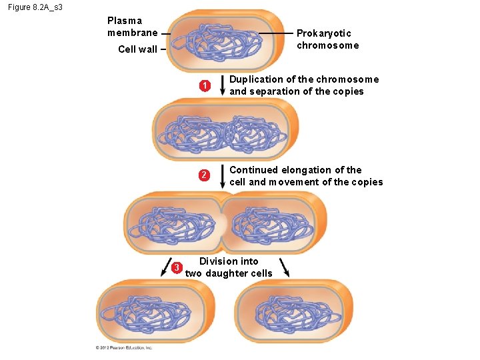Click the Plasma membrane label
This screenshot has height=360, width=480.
point(132,27)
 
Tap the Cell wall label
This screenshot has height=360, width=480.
point(137,49)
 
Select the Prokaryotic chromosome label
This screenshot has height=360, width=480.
point(327,39)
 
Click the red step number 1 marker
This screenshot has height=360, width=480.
point(205,85)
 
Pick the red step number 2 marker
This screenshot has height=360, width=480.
point(205,176)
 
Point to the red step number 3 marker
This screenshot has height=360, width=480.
point(177,268)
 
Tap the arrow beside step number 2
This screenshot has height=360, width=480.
point(222,177)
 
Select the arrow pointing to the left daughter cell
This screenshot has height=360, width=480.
point(165,267)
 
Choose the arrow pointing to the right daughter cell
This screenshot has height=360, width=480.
point(285,267)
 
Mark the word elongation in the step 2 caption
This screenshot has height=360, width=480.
point(305,170)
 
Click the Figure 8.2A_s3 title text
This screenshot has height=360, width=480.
point(36,7)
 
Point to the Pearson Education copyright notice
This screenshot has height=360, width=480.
point(125,347)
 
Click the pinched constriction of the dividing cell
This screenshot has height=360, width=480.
point(222,220)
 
